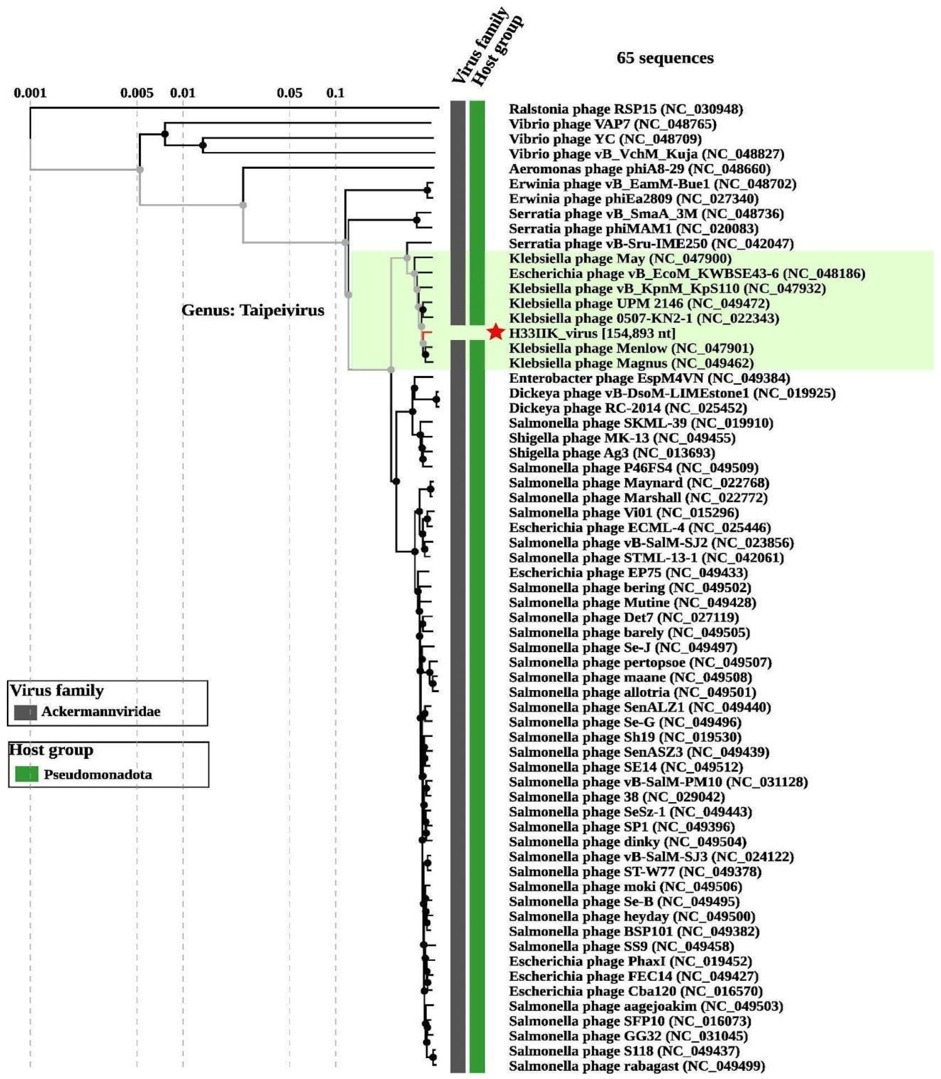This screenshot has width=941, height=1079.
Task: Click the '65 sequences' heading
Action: (665, 58)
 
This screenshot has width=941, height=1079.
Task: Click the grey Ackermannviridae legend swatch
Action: (25, 712)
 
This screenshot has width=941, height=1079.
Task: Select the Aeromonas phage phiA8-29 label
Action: (639, 169)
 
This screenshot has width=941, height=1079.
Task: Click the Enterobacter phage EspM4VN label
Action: (649, 378)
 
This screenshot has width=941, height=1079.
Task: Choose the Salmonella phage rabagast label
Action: (636, 1066)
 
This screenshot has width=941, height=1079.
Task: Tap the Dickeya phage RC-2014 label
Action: (627, 408)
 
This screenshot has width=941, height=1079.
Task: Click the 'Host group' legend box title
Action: (51, 750)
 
